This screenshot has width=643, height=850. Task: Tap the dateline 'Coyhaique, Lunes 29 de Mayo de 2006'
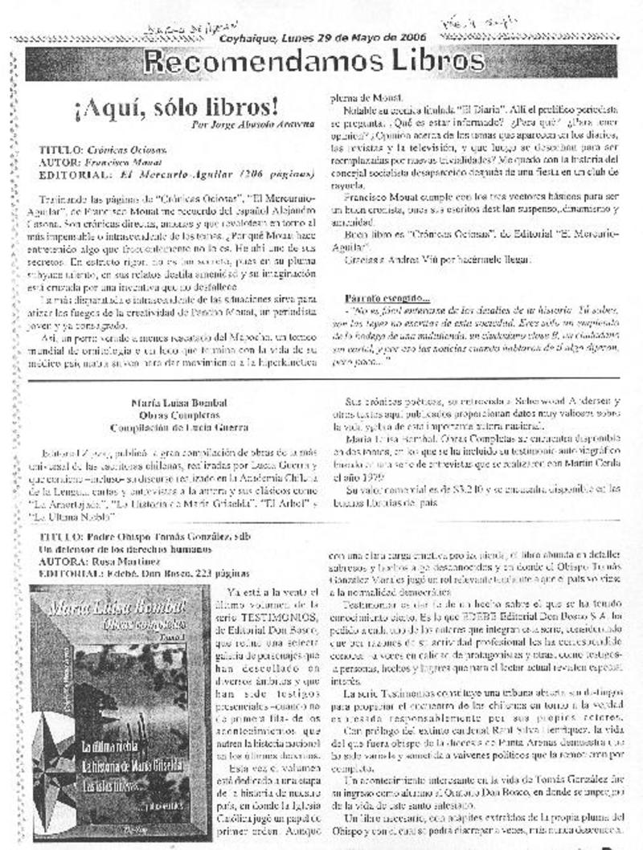(322, 38)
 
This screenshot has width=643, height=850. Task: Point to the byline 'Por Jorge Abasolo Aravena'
(253, 125)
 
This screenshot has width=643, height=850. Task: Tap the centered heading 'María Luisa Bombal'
(169, 403)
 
